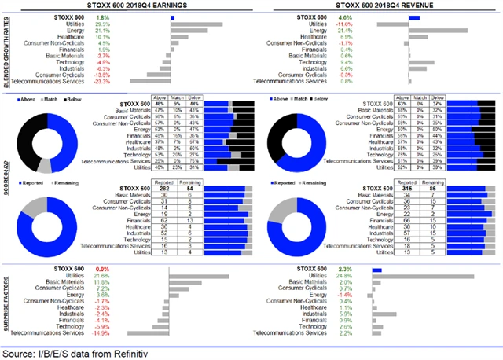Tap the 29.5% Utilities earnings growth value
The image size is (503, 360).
coord(102,25)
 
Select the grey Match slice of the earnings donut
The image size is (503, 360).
coord(44,166)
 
